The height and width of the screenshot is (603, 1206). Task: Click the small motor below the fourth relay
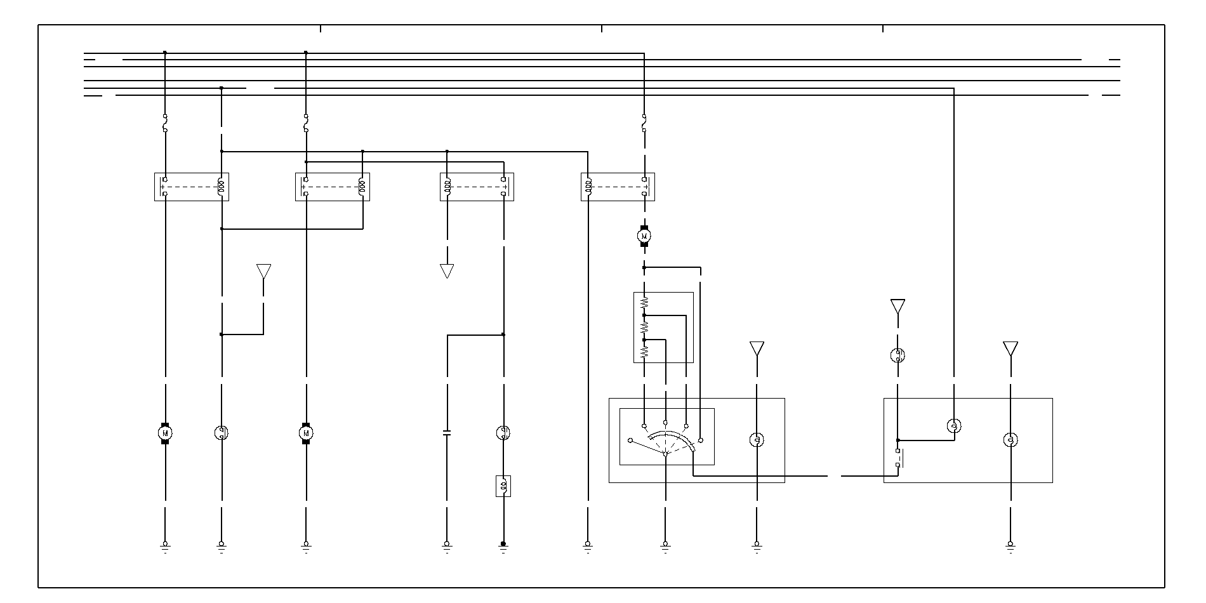tap(644, 236)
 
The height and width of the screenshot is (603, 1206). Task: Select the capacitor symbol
tap(447, 433)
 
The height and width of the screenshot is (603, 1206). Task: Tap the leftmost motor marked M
tap(165, 433)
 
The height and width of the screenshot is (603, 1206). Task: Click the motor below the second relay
tap(306, 433)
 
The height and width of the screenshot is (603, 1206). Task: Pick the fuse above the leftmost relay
tap(165, 123)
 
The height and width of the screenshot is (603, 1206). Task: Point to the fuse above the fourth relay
tap(644, 123)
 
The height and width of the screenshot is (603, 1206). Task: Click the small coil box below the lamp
tap(503, 486)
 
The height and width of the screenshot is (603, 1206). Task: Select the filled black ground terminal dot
tap(503, 544)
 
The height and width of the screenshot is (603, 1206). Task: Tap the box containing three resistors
tap(663, 328)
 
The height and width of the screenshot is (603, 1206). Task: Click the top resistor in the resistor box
tap(644, 302)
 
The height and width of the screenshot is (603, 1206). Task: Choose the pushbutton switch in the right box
tap(899, 458)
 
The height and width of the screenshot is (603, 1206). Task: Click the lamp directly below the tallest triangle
tap(898, 355)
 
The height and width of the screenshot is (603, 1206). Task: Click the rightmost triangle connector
tap(1011, 348)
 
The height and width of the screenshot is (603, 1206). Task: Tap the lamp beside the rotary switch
tap(757, 439)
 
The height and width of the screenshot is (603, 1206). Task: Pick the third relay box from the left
tap(477, 187)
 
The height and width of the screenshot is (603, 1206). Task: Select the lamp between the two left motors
tap(222, 433)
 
